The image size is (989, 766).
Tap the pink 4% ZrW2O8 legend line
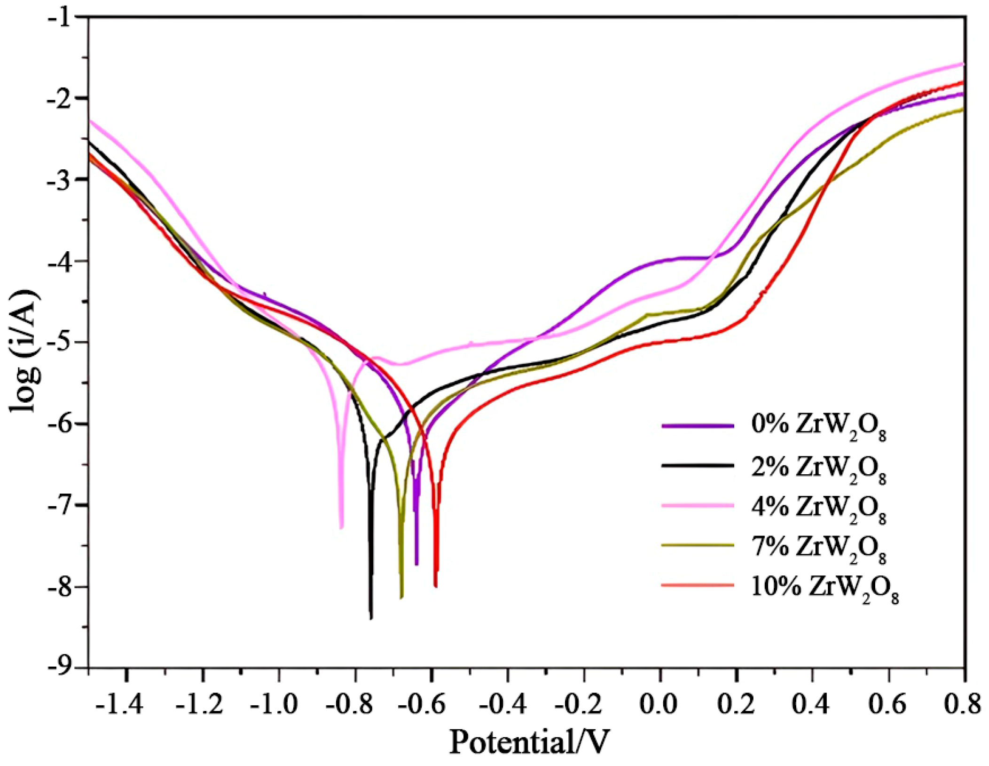pyautogui.click(x=698, y=505)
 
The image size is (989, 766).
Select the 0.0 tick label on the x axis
pyautogui.click(x=660, y=704)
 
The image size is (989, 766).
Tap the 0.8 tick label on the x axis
pyautogui.click(x=964, y=704)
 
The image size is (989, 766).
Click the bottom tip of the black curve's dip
pyautogui.click(x=371, y=618)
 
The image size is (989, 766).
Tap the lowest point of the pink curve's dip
pyautogui.click(x=341, y=528)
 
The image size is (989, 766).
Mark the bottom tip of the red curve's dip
pyautogui.click(x=436, y=587)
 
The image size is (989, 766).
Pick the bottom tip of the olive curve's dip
pyautogui.click(x=401, y=598)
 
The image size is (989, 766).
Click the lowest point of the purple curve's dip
pyautogui.click(x=416, y=564)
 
